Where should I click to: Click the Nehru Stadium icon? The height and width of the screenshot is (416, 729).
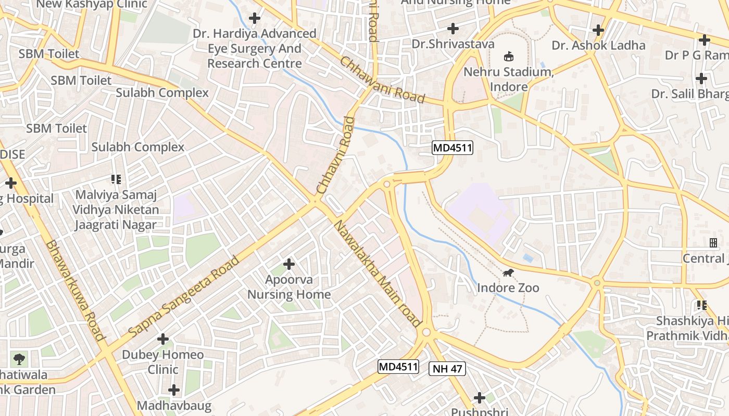(509, 56)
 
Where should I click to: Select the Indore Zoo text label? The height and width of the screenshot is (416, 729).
(508, 288)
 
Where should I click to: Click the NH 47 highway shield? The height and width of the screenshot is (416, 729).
(447, 369)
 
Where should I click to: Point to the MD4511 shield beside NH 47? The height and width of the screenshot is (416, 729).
(398, 367)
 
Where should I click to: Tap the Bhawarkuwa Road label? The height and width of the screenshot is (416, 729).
(76, 290)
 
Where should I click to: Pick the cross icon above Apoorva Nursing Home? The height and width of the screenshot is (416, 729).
(289, 264)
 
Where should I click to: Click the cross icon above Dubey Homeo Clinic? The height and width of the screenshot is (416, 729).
(163, 339)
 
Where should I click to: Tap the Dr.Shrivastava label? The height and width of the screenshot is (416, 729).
(453, 44)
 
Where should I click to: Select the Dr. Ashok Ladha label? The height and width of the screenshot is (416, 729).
(598, 45)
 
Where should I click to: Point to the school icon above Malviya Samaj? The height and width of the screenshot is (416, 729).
(116, 179)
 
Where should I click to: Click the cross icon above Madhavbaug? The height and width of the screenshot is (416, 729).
(174, 389)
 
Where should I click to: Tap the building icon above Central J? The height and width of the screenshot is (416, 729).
(713, 242)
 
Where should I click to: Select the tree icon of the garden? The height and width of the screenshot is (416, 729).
(20, 358)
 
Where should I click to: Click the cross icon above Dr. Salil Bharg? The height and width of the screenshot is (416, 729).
(701, 79)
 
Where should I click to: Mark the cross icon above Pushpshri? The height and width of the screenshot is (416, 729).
(479, 398)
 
